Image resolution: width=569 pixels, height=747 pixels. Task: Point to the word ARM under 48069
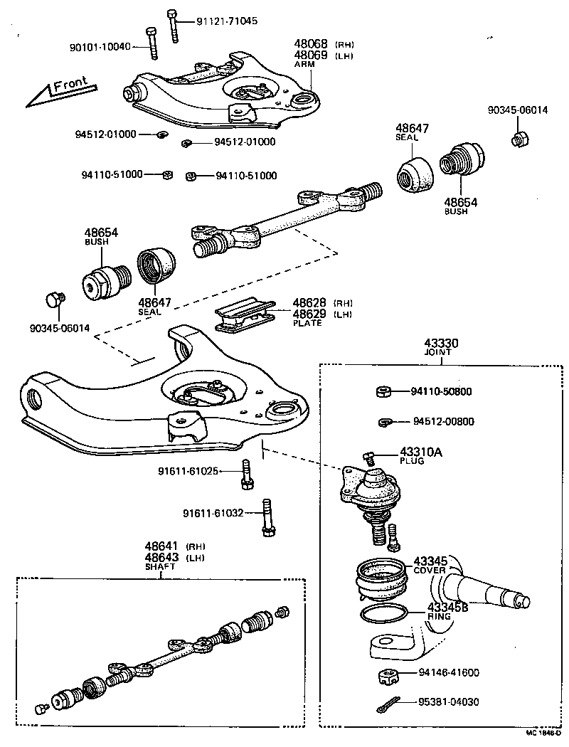pos(304,64)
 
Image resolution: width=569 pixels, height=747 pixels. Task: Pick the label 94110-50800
pos(441,391)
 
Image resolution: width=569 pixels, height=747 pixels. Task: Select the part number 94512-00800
pos(443,421)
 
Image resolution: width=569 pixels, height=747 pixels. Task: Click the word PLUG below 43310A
pos(412,461)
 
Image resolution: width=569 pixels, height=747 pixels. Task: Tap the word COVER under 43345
pos(429,571)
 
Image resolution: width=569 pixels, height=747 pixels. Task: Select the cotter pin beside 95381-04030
pos(387,704)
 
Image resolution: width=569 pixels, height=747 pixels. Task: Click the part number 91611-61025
pos(188,471)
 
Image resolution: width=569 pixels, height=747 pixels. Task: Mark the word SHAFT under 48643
pos(160,567)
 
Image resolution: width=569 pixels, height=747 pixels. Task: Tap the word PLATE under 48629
pos(307,323)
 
